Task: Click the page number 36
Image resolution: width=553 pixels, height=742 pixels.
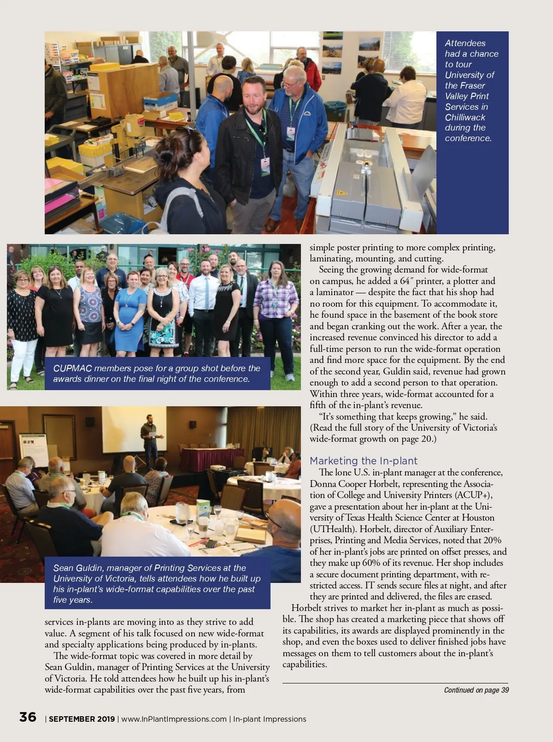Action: point(28,717)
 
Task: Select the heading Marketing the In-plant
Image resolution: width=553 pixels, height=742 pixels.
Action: point(363,461)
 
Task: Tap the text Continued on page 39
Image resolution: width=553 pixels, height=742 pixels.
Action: point(476,690)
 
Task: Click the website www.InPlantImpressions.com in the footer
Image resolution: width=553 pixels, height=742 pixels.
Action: point(174,719)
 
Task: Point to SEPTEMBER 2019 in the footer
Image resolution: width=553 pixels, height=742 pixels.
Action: point(82,719)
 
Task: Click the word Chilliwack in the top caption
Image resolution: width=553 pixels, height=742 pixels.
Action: point(465,117)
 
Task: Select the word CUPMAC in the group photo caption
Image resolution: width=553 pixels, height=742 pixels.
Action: point(72,368)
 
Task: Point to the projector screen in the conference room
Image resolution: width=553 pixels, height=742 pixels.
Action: point(128,429)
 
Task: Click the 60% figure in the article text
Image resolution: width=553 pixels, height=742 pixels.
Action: point(371,563)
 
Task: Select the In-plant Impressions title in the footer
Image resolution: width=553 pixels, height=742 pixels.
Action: point(270,719)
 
